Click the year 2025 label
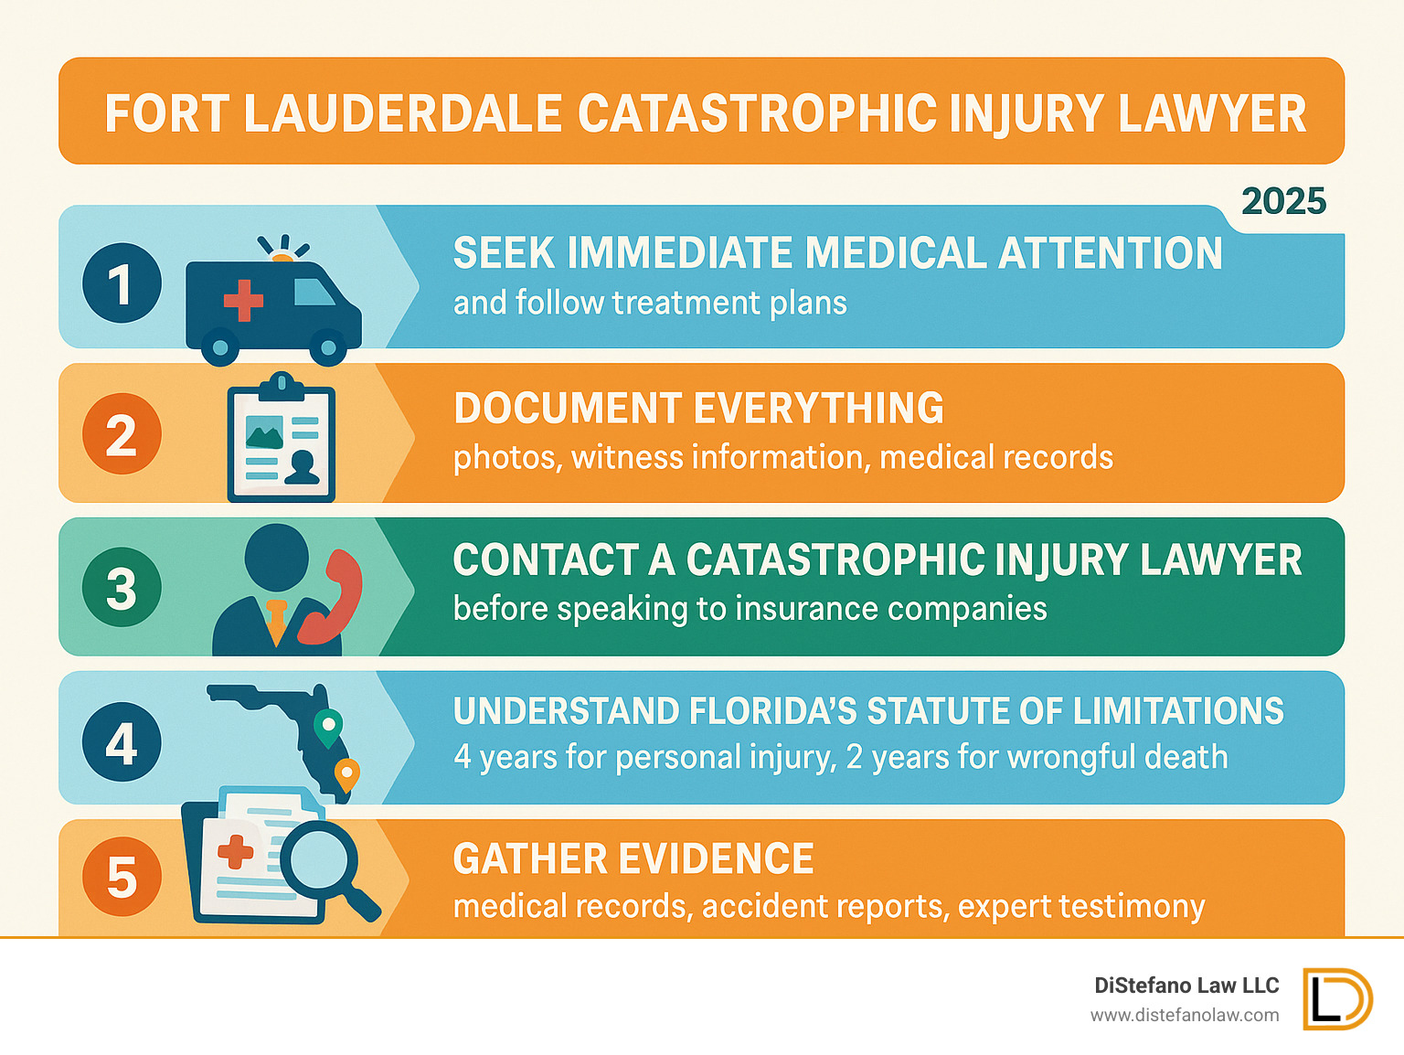[1283, 202]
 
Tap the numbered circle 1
[122, 283]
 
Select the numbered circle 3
[122, 588]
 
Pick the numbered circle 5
[122, 877]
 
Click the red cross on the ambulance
[243, 301]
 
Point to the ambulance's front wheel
[327, 347]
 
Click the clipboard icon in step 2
[282, 439]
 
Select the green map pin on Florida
[327, 727]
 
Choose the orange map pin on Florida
[346, 773]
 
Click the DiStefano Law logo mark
[1337, 998]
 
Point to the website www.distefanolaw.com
[1184, 1015]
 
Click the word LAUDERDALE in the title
[402, 113]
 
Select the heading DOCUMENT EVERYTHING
[698, 409]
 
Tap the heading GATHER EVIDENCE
[633, 859]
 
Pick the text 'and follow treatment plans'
[650, 303]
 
